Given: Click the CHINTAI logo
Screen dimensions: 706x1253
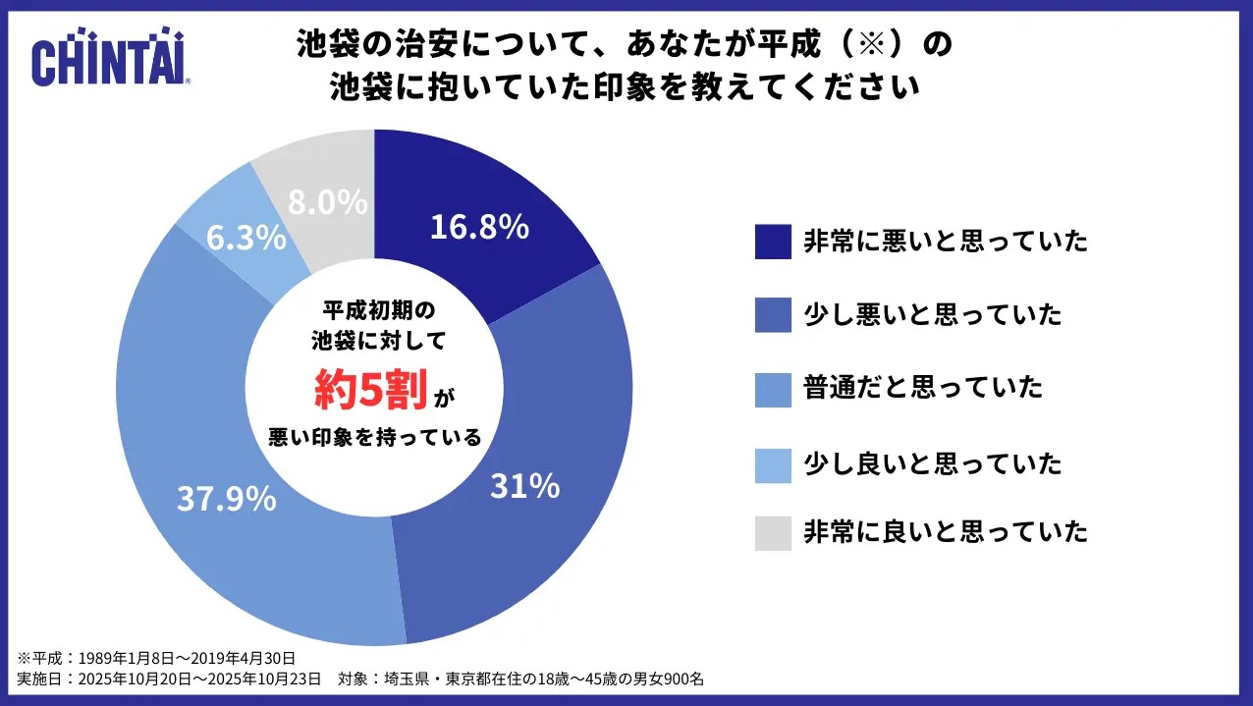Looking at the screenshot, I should (110, 61).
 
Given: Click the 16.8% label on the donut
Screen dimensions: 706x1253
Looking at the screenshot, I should (479, 227).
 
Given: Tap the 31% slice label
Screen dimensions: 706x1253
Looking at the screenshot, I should (524, 484).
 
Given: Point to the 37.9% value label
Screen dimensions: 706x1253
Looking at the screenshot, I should (226, 499).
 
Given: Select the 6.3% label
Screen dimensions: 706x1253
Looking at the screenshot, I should (246, 238).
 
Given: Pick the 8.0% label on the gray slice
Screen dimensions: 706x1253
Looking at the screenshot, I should (328, 202).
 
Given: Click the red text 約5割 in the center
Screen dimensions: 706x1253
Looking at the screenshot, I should (370, 391).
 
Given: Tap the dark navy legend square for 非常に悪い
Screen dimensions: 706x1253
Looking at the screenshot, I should (773, 242).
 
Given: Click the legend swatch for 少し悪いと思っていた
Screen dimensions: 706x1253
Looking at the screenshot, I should (773, 315).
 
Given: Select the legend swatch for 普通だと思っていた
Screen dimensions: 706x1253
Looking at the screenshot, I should (773, 388).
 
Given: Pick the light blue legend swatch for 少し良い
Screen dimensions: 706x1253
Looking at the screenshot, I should (773, 463).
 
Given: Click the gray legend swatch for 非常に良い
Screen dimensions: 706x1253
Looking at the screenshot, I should (773, 532).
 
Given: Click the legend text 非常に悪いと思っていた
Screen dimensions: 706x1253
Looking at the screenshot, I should (946, 242).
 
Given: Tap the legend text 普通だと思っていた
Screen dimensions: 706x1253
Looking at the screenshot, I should (922, 388).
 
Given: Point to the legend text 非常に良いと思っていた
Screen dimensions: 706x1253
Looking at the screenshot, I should (946, 532).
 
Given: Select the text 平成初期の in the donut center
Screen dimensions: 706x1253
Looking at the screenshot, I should (377, 310).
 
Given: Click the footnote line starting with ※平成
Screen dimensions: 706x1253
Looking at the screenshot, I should (156, 658).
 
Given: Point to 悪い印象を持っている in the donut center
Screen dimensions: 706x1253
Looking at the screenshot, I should (375, 437).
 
